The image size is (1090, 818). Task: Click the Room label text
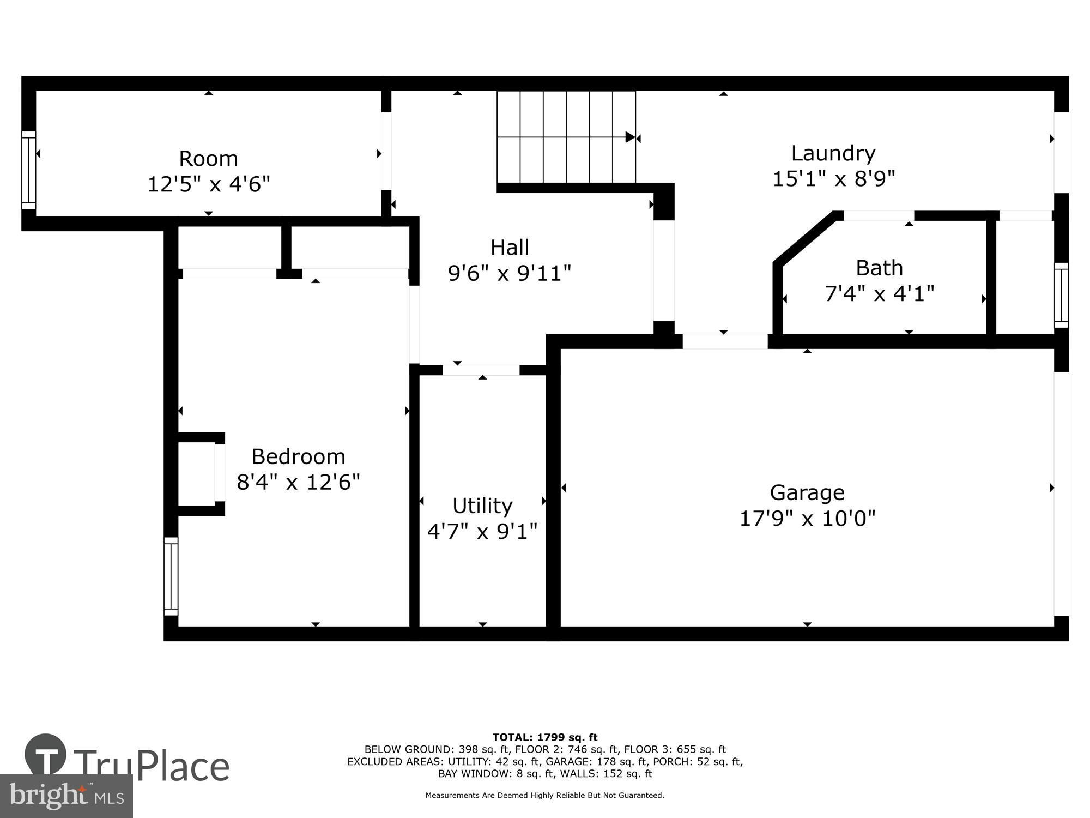208,159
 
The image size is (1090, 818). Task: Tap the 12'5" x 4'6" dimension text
209,184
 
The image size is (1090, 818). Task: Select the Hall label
510,248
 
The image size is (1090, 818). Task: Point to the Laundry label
833,153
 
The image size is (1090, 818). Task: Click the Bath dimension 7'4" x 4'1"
879,294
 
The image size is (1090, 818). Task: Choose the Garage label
807,493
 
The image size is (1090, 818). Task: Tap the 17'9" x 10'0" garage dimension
807,518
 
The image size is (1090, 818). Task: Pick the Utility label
482,506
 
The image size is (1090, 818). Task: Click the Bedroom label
298,456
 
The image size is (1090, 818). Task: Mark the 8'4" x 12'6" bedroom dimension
298,482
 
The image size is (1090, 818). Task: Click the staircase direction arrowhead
630,137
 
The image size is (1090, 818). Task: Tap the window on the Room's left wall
29,170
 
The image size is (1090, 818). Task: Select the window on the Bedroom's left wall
171,576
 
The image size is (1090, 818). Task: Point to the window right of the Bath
1061,295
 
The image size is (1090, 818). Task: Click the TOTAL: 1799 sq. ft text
545,738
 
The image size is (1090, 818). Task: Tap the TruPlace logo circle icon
46,755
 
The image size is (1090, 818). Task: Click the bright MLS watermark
66,796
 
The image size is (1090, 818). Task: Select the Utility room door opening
481,370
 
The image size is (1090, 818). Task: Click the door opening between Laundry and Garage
725,341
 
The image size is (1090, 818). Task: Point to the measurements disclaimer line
545,796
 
